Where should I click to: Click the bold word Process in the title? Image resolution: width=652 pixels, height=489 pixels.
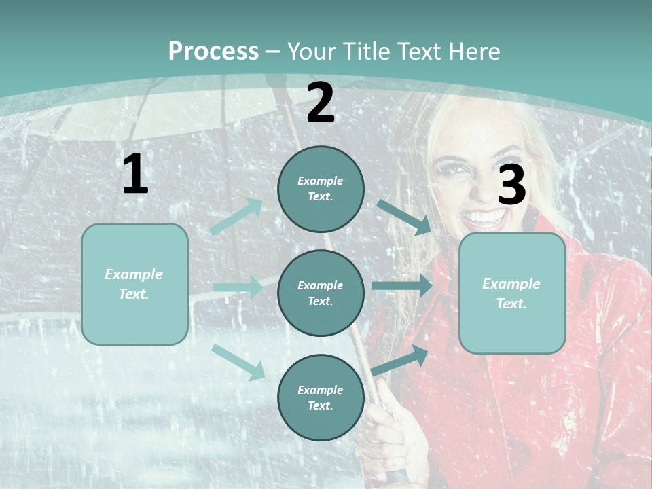click(213, 51)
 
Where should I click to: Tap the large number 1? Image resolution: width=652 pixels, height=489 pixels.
click(134, 175)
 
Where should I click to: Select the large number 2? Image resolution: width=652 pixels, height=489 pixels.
click(321, 103)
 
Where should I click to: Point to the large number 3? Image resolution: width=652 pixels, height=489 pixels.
click(511, 185)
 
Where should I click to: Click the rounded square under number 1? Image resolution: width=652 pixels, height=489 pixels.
click(134, 284)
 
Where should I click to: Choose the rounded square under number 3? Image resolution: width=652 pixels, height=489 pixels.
click(512, 293)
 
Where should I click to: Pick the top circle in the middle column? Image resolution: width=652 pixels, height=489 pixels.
click(321, 189)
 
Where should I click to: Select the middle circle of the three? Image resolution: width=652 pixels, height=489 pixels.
click(321, 293)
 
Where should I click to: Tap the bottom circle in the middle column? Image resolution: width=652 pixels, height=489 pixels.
click(321, 397)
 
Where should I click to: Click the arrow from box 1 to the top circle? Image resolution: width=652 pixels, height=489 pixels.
click(236, 217)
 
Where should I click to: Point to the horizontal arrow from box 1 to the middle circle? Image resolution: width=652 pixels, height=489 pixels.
click(237, 287)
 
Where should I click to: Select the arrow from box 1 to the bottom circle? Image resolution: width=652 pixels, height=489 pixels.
click(238, 361)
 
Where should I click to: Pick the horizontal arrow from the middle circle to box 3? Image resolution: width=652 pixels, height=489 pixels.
click(401, 285)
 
